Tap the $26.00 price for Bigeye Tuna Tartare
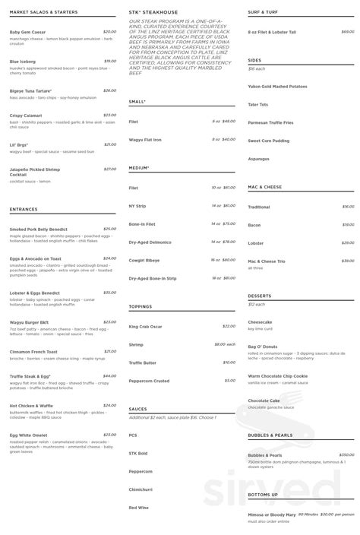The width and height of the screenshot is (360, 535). click(109, 90)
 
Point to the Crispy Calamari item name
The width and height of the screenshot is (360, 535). click(26, 116)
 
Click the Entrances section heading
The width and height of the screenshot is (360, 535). click(24, 209)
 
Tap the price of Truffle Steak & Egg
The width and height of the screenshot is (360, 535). click(109, 375)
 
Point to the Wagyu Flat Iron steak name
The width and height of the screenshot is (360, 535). click(145, 140)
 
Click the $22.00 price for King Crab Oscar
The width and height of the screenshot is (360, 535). click(229, 326)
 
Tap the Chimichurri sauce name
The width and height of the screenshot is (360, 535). click(141, 489)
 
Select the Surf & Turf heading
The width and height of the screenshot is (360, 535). click(264, 12)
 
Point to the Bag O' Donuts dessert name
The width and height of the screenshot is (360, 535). click(264, 347)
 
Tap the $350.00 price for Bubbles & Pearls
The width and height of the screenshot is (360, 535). click(347, 454)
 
